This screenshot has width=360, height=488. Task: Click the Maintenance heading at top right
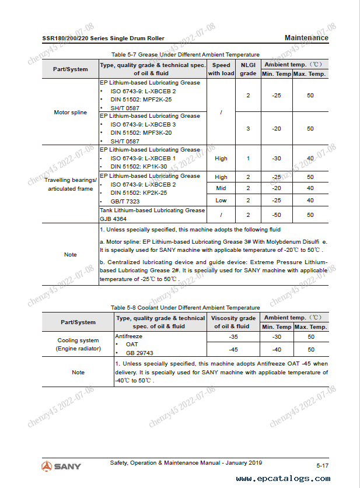click(x=306, y=38)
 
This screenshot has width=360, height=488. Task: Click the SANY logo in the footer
click(x=61, y=466)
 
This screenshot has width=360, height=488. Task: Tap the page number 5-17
click(x=323, y=466)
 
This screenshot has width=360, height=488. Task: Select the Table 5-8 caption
click(x=185, y=307)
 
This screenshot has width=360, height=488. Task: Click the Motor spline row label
click(x=70, y=112)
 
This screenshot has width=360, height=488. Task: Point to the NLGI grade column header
click(x=248, y=69)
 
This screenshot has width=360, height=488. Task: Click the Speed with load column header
click(x=221, y=69)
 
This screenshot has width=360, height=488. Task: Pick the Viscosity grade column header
click(x=233, y=322)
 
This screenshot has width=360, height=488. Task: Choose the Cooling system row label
click(x=78, y=344)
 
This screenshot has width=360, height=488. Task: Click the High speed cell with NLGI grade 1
click(x=221, y=158)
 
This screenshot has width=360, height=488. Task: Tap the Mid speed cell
click(x=221, y=188)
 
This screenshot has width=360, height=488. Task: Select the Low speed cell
click(x=221, y=201)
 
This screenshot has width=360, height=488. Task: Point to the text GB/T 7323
click(x=125, y=202)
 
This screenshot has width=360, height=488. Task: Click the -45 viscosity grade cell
click(x=233, y=350)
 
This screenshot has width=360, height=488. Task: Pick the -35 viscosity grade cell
click(x=233, y=337)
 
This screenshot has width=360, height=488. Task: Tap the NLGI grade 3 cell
click(x=248, y=128)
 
